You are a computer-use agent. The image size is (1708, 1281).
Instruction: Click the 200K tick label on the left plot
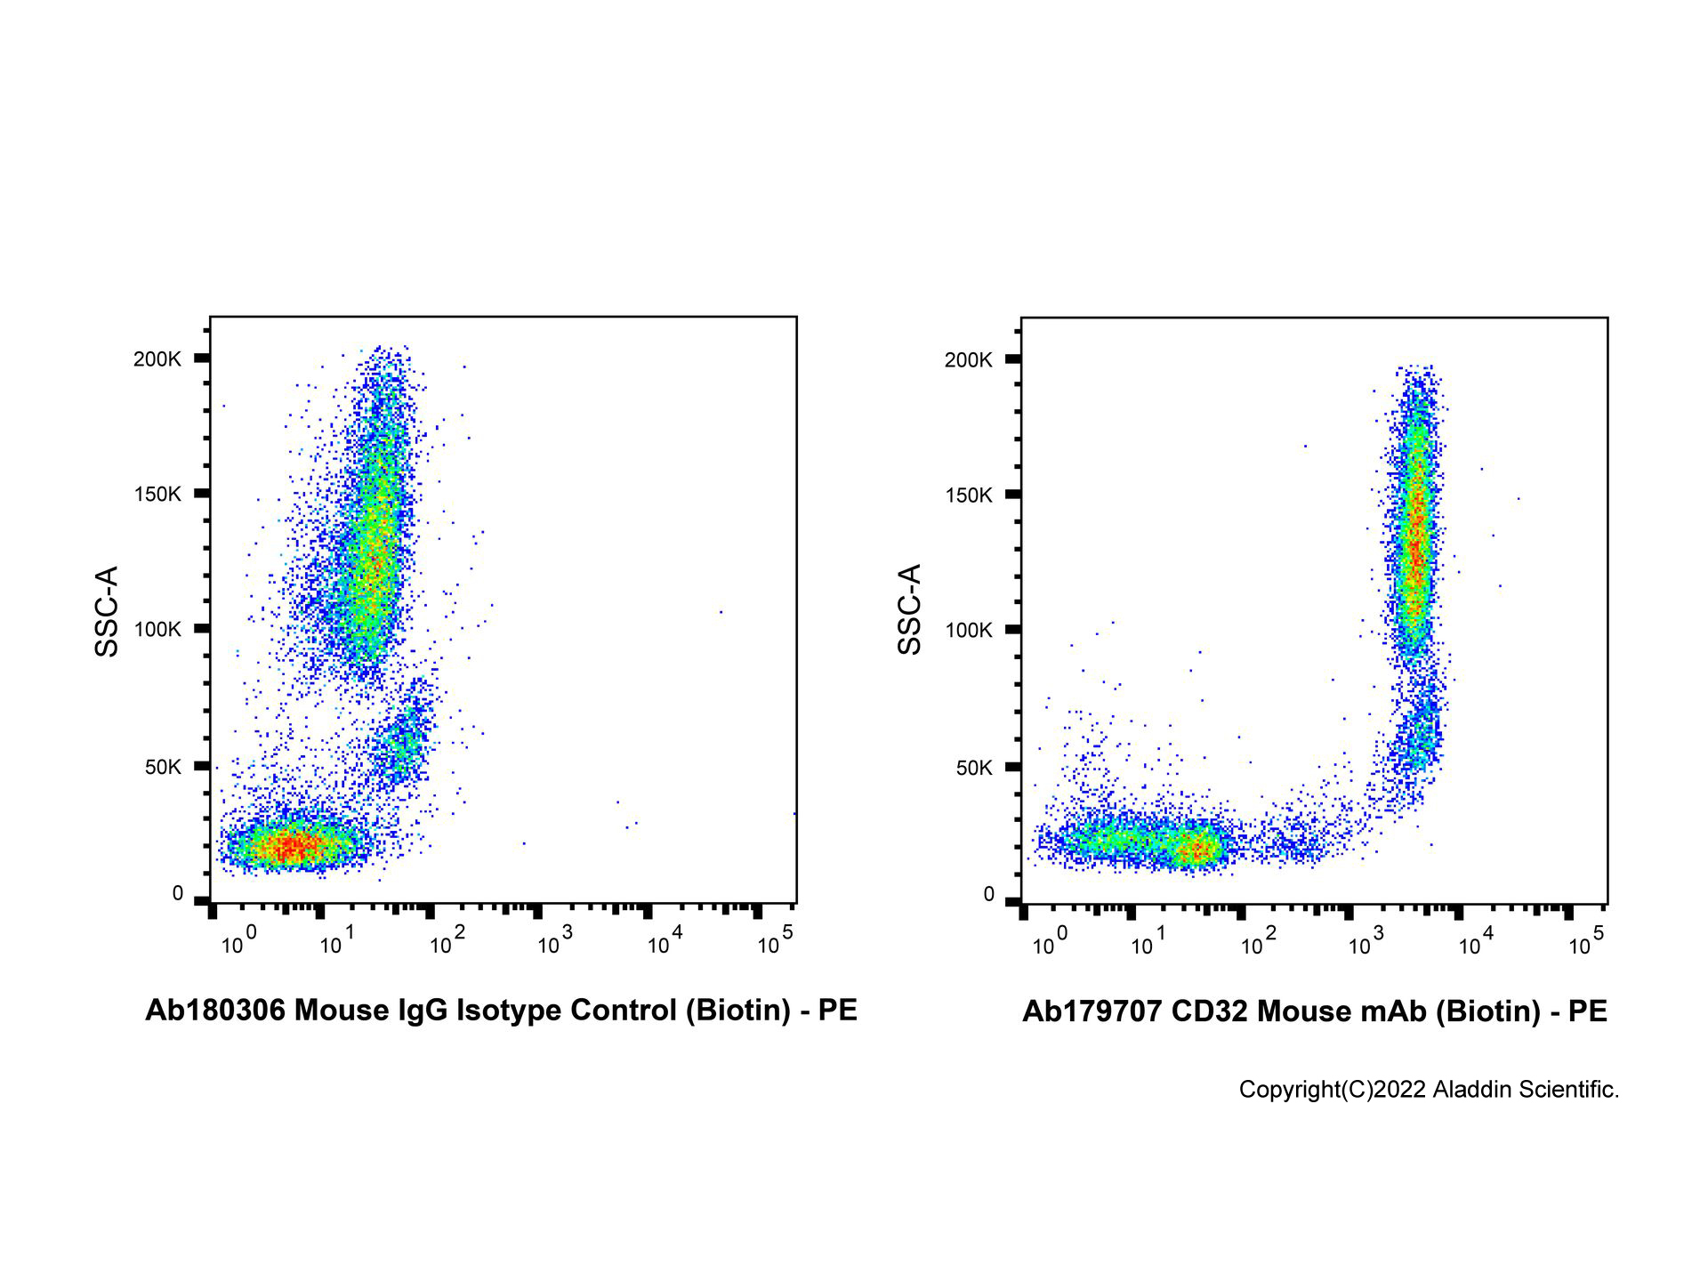point(157,359)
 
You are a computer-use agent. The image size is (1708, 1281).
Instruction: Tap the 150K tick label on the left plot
point(157,494)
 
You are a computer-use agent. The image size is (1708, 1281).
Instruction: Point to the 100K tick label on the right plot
point(969,630)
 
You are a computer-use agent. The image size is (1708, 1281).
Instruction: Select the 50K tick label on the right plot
point(974,767)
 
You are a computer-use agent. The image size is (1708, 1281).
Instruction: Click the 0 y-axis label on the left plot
point(178,893)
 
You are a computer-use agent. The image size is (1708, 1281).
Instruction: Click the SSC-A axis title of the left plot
point(107,611)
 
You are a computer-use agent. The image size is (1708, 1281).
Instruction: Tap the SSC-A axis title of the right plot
point(909,609)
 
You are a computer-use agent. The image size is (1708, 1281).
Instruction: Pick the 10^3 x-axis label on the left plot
point(555,942)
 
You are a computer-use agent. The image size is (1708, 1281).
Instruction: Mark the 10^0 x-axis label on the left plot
point(238,942)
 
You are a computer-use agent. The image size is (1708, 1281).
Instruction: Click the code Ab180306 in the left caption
point(215,1010)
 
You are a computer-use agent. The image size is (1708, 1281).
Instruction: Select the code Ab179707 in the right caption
point(1092,1011)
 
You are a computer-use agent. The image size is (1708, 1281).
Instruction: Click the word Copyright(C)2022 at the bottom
point(1333,1090)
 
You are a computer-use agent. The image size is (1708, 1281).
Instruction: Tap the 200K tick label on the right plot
point(969,359)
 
